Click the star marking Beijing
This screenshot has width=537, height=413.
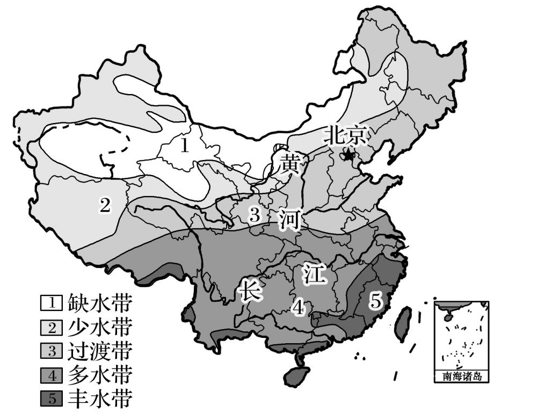pyautogui.click(x=349, y=156)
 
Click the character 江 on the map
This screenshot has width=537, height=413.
pyautogui.click(x=314, y=274)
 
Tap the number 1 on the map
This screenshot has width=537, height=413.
pyautogui.click(x=184, y=146)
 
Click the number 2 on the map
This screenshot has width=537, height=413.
pyautogui.click(x=105, y=205)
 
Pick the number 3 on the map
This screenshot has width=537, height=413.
pyautogui.click(x=255, y=215)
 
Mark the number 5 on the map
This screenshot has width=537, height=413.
pyautogui.click(x=375, y=301)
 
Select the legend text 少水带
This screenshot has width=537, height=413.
pyautogui.click(x=99, y=327)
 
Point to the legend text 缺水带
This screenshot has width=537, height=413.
pyautogui.click(x=99, y=303)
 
